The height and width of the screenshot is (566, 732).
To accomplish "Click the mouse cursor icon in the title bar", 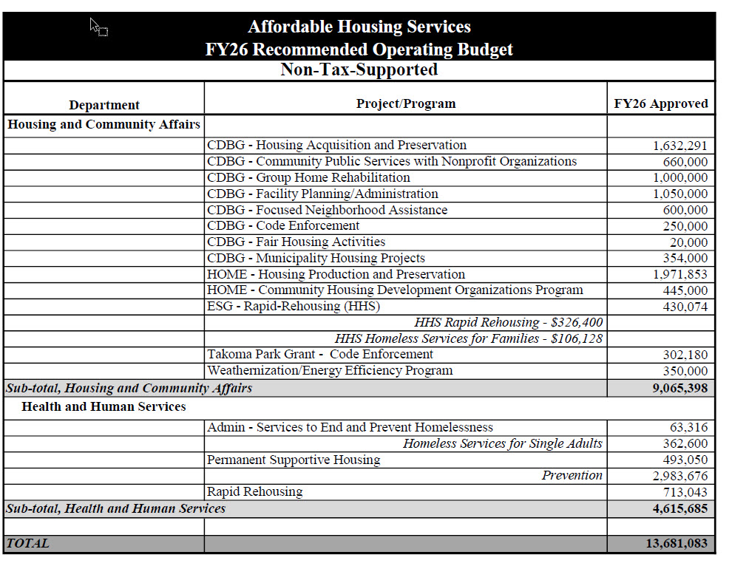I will click(98, 27).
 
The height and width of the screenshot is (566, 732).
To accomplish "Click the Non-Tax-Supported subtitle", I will click(359, 70).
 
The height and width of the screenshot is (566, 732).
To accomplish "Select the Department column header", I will click(104, 105).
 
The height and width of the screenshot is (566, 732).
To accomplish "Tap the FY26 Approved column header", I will click(660, 104).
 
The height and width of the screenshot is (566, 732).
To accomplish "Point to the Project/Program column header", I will click(405, 103).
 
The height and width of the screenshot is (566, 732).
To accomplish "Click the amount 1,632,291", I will click(680, 146).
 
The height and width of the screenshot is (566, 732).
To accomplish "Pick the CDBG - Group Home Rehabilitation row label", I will click(308, 178).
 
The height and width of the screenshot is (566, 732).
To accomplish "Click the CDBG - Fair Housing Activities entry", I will click(296, 242).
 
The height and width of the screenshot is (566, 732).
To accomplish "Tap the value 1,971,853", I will click(680, 275).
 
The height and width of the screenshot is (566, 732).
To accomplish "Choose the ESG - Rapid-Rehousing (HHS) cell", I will click(294, 307).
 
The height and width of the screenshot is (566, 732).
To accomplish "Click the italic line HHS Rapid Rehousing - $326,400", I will click(509, 323).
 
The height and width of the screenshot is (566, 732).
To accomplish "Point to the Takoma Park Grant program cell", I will click(320, 355).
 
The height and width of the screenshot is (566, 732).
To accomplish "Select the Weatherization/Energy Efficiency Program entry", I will click(330, 371).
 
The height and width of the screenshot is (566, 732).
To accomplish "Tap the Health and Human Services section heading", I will click(104, 407).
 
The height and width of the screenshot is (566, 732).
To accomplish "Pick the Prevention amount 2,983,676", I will click(680, 477).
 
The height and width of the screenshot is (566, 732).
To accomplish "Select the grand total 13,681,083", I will click(677, 544).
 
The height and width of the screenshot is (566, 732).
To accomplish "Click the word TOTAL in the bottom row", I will click(28, 544).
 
